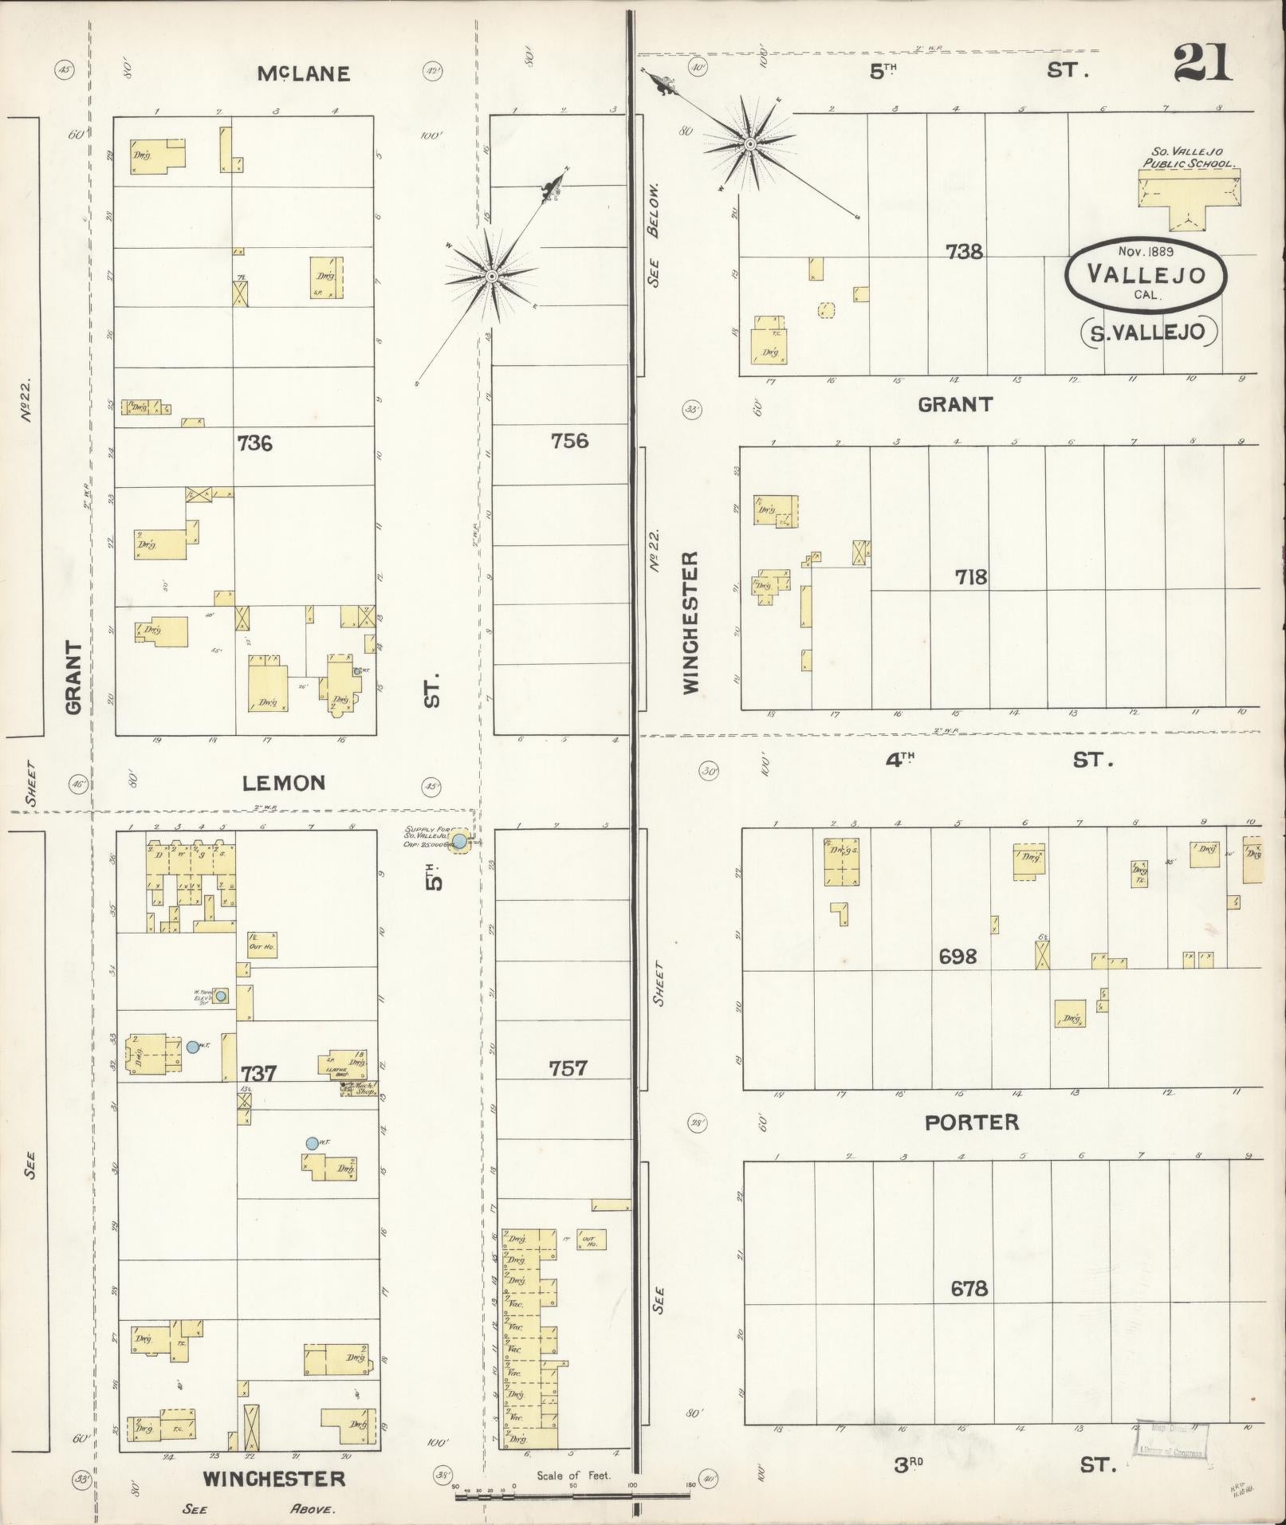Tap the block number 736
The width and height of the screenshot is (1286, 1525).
(254, 442)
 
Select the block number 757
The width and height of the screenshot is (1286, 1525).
(568, 1068)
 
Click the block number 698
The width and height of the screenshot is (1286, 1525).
(958, 956)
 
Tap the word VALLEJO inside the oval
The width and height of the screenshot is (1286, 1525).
(1146, 274)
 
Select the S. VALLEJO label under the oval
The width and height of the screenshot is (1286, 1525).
(1147, 332)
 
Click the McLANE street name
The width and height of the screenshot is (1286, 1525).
(304, 74)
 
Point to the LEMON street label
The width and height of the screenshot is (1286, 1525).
(284, 783)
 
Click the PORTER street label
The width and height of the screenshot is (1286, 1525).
(971, 1122)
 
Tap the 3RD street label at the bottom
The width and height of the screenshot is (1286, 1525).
(907, 1464)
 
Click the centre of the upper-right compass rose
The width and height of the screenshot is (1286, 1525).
(749, 144)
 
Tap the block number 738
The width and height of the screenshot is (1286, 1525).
(964, 252)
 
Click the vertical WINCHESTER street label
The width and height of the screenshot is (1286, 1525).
(690, 622)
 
